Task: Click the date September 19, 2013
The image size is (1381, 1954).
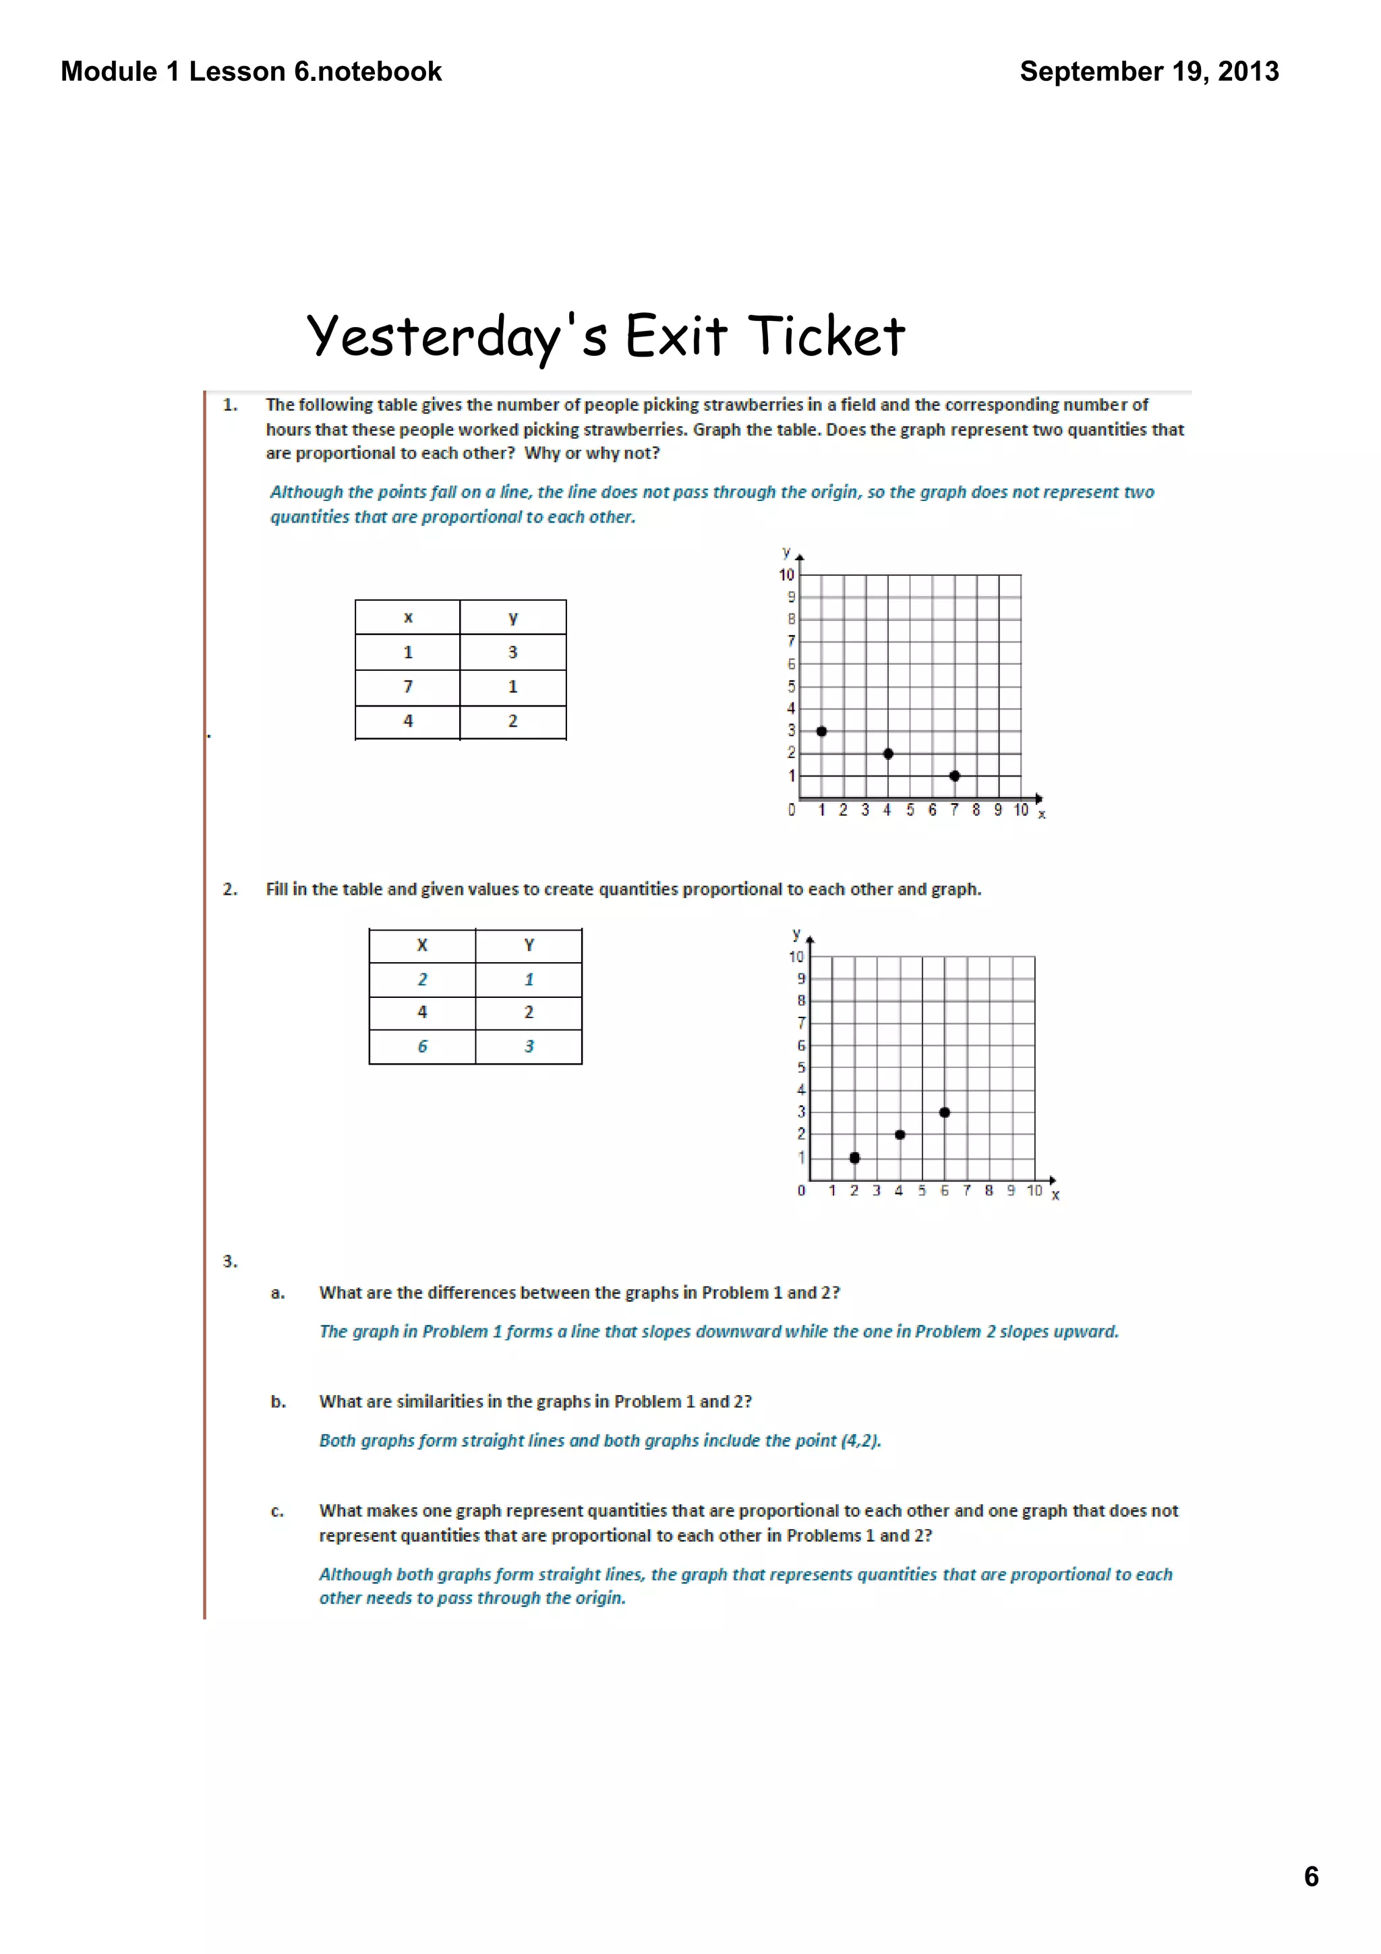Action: click(x=1149, y=71)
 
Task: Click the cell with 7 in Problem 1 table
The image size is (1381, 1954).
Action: click(x=407, y=687)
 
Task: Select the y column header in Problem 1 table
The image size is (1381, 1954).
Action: click(x=512, y=618)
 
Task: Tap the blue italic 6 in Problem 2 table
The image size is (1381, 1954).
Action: click(x=422, y=1046)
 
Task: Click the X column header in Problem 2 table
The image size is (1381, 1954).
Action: click(x=422, y=945)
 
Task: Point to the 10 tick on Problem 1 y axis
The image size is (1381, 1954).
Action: click(x=786, y=575)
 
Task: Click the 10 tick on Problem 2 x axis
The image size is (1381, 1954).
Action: click(x=1034, y=1191)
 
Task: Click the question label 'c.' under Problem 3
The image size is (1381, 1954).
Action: click(x=277, y=1512)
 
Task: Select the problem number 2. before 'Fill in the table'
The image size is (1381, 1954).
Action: click(x=230, y=889)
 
